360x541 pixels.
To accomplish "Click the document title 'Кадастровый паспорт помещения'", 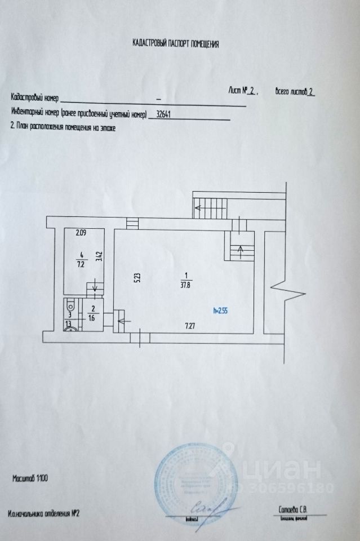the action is (175, 43).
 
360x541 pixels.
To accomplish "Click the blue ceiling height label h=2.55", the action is (221, 309).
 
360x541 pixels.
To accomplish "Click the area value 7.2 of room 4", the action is (81, 264).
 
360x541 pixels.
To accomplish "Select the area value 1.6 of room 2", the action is (92, 317).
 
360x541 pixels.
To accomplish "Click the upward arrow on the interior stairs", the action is (240, 248).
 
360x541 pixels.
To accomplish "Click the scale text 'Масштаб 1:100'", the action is (30, 478).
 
